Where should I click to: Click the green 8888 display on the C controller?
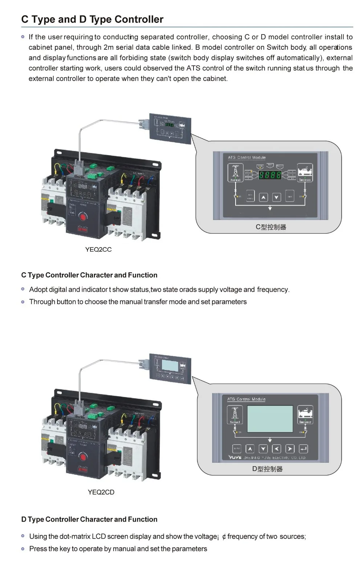click(270, 175)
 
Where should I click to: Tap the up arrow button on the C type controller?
click(264, 197)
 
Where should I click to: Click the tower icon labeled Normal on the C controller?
click(235, 172)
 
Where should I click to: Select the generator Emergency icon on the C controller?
click(305, 172)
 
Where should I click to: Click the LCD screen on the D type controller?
click(270, 419)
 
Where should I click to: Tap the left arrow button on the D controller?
click(277, 449)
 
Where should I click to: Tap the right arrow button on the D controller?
click(290, 449)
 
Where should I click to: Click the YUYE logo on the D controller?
click(235, 458)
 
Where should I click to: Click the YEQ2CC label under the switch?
click(98, 250)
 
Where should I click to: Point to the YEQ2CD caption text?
click(101, 492)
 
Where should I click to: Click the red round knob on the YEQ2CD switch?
click(83, 457)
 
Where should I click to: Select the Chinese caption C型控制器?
click(271, 227)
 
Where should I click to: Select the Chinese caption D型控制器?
click(268, 469)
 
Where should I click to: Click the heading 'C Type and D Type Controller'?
click(92, 19)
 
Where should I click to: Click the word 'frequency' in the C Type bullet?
click(273, 289)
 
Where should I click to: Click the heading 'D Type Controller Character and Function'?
click(89, 519)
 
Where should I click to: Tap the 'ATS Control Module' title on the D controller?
click(246, 399)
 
